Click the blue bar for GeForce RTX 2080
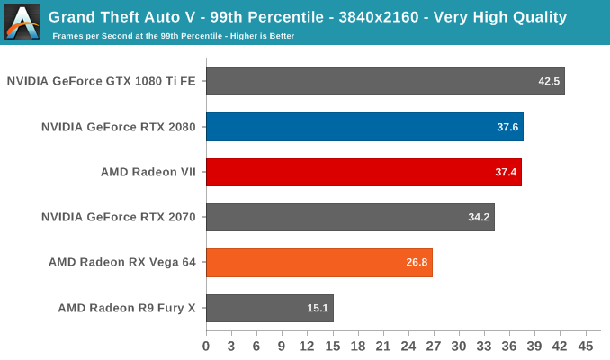point(364,127)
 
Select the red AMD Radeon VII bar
point(363,172)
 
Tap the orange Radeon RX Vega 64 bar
point(318,263)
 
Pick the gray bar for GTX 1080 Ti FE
point(385,81)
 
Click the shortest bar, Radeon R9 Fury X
point(269,308)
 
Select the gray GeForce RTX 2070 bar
point(350,217)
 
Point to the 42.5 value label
point(549,81)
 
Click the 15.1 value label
point(318,308)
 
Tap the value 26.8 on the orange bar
point(417,263)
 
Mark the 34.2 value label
point(479,217)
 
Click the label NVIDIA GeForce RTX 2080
point(119,127)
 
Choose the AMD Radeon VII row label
point(148,172)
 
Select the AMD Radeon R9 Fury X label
point(127,308)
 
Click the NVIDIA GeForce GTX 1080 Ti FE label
point(102,81)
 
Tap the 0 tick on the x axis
point(206,346)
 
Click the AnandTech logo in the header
point(22,22)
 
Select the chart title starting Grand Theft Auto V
point(307,16)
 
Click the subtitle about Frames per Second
point(173,36)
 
